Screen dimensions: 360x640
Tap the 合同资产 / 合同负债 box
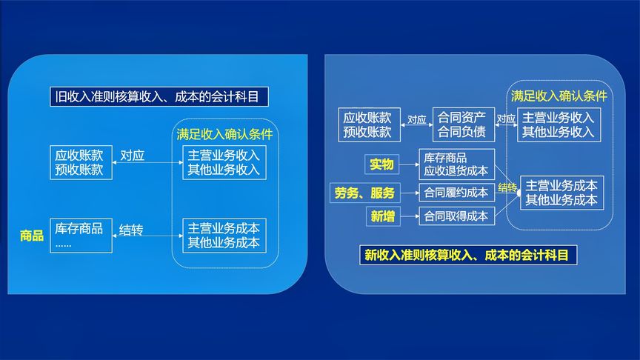(463, 124)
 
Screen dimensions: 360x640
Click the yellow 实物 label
(381, 164)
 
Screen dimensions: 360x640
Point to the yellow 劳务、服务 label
(364, 193)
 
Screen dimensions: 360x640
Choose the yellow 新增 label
(383, 216)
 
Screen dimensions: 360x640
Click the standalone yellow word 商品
(32, 236)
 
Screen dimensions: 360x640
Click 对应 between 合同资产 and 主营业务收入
(506, 119)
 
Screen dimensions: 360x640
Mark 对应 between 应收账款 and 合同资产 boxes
(416, 119)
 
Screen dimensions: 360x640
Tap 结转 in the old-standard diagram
(131, 230)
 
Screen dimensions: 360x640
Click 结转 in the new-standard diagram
(507, 187)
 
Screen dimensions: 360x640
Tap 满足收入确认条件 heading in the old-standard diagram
(224, 135)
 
